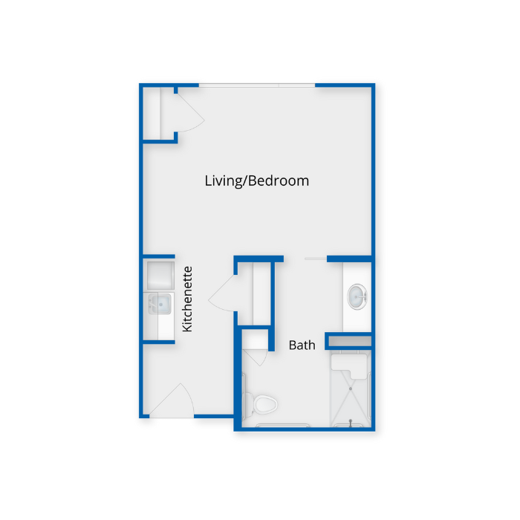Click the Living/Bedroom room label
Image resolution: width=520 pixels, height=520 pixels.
[257, 181]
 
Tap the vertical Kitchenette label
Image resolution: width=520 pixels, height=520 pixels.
[187, 299]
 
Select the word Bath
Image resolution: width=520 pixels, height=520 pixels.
[302, 345]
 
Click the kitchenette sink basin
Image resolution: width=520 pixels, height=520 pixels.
[160, 304]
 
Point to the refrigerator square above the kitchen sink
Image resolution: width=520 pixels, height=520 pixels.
[160, 276]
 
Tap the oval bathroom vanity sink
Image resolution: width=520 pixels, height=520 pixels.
[357, 296]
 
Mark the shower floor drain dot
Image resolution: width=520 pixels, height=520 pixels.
[351, 389]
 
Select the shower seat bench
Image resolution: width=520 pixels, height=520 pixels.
[350, 365]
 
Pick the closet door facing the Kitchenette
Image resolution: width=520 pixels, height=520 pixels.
[221, 293]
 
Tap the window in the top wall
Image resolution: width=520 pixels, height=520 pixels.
[257, 85]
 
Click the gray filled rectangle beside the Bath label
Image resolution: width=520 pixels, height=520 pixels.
[350, 341]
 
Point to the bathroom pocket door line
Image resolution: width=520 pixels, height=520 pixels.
[316, 259]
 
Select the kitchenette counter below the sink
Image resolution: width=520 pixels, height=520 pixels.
[159, 328]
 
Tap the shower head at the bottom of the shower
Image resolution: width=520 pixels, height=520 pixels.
[351, 422]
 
